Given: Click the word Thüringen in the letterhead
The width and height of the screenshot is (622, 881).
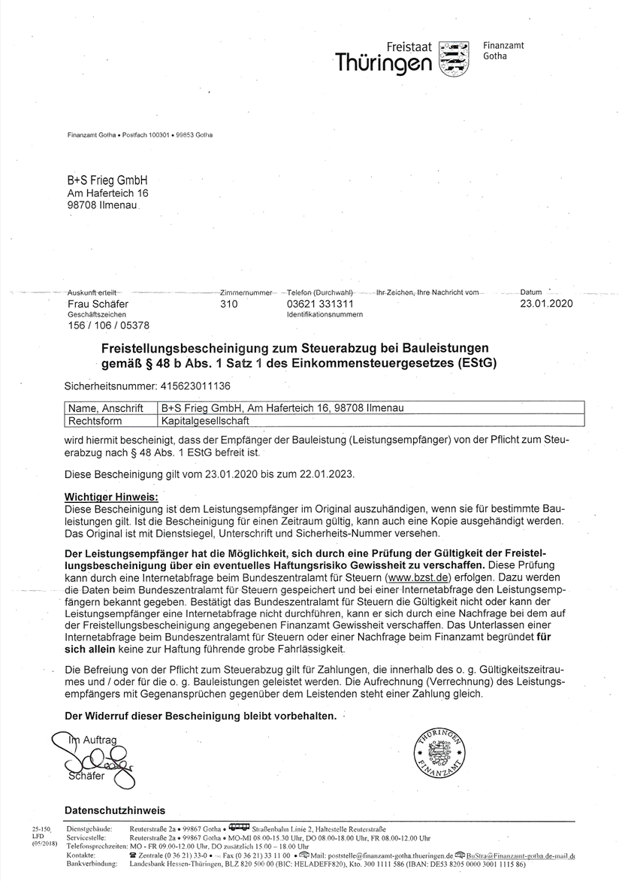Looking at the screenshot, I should tap(384, 63).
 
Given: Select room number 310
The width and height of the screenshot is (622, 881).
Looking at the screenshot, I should tap(229, 304).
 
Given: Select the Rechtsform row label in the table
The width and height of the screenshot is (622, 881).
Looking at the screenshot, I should tap(95, 421).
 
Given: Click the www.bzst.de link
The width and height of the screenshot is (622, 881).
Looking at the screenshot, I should tap(418, 578).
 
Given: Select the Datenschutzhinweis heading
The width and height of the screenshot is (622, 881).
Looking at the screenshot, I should tap(115, 810).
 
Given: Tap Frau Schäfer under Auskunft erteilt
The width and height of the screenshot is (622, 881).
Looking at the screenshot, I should tap(98, 304).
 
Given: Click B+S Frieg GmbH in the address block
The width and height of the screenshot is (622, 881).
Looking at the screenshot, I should tap(107, 180).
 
